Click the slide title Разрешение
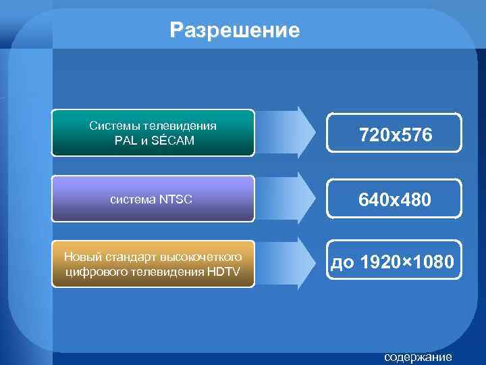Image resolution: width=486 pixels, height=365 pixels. click(x=235, y=30)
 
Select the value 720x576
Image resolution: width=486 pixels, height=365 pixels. click(x=396, y=136)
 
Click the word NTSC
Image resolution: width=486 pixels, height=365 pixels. click(x=175, y=199)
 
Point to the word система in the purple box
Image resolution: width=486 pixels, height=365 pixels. click(x=133, y=199)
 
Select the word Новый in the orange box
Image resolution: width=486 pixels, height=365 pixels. click(x=80, y=257)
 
